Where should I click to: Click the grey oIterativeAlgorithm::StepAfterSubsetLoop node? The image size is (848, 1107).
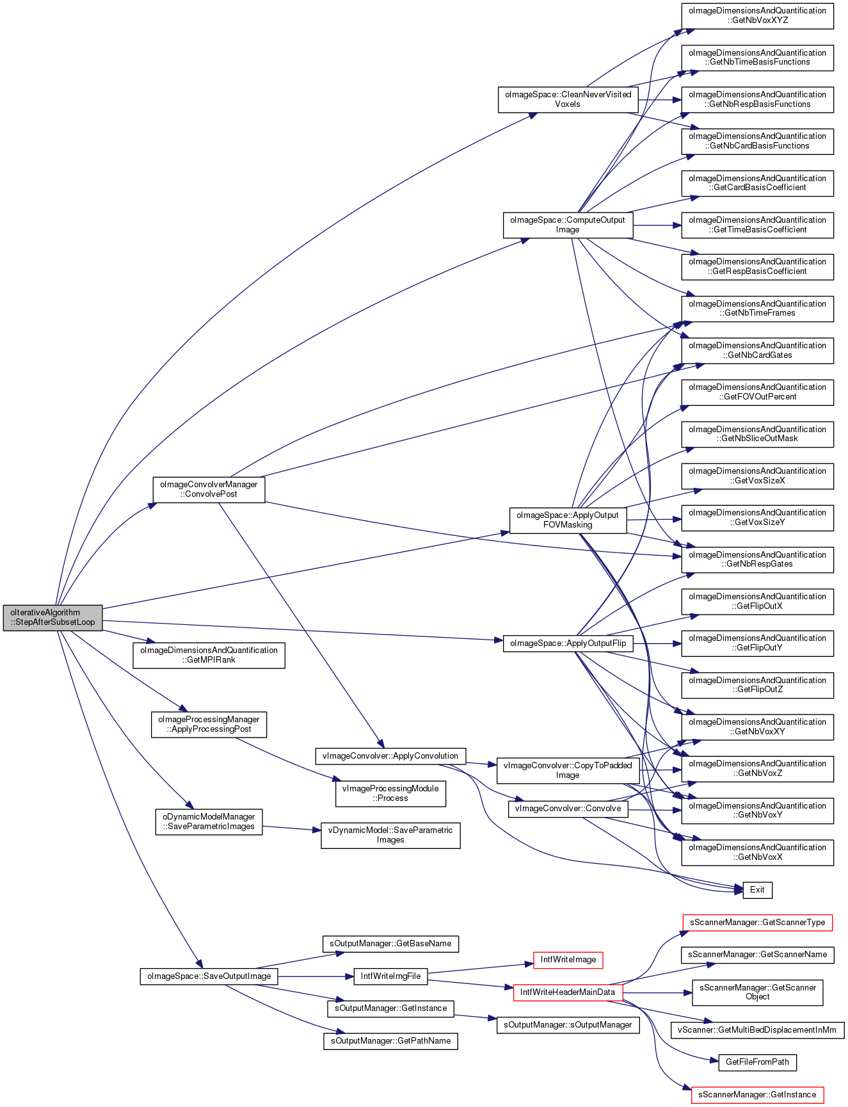(x=52, y=617)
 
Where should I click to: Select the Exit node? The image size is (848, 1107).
(x=757, y=889)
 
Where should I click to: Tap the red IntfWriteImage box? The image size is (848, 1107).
(x=568, y=960)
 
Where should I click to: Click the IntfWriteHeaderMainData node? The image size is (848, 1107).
(x=568, y=992)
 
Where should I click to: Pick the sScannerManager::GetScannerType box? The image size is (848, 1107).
(x=757, y=923)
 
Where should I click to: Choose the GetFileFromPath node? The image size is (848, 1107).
(x=757, y=1062)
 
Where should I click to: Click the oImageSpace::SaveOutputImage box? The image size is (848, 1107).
(x=209, y=976)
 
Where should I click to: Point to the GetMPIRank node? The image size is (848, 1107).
(x=209, y=655)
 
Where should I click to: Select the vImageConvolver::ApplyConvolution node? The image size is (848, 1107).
(x=390, y=756)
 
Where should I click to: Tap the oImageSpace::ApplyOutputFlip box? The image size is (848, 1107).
(x=568, y=643)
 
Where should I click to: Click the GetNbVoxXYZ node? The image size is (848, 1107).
(x=757, y=15)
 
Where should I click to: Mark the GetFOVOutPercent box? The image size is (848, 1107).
(x=757, y=392)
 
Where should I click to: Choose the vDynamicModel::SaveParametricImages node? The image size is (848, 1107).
(x=390, y=835)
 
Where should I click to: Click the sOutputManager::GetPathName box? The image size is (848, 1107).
(x=390, y=1040)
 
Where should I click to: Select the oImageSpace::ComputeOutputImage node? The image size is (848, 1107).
(x=568, y=225)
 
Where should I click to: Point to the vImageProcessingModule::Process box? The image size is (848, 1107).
(x=390, y=793)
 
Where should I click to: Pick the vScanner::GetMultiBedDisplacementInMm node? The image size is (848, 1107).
(x=757, y=1030)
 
